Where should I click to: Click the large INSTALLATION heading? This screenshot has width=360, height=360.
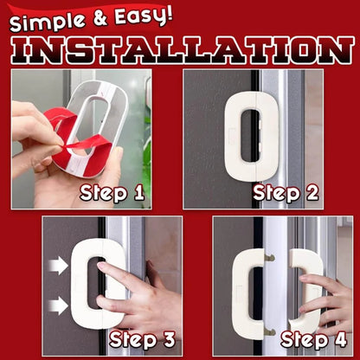(180, 48)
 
